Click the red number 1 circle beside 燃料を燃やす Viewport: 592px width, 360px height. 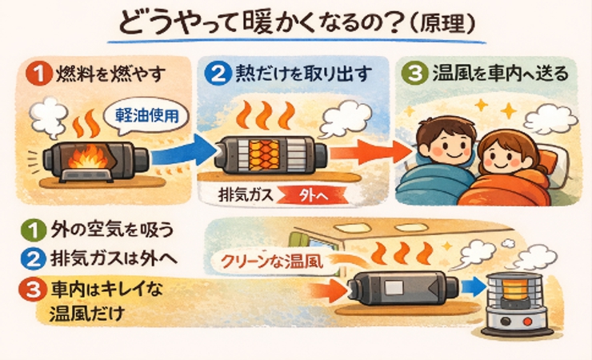pos(39,74)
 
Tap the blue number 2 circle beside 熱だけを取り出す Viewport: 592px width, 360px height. pos(218,74)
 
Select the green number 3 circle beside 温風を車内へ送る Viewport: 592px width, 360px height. pos(415,74)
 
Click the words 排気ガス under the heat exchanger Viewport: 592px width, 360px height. pos(246,195)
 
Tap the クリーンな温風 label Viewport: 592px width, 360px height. pos(272,262)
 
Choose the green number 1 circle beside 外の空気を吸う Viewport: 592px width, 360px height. pos(34,230)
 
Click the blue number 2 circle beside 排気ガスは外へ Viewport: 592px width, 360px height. pos(34,259)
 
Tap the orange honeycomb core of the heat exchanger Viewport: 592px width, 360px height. pos(264,155)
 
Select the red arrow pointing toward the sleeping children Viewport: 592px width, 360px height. pos(370,152)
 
